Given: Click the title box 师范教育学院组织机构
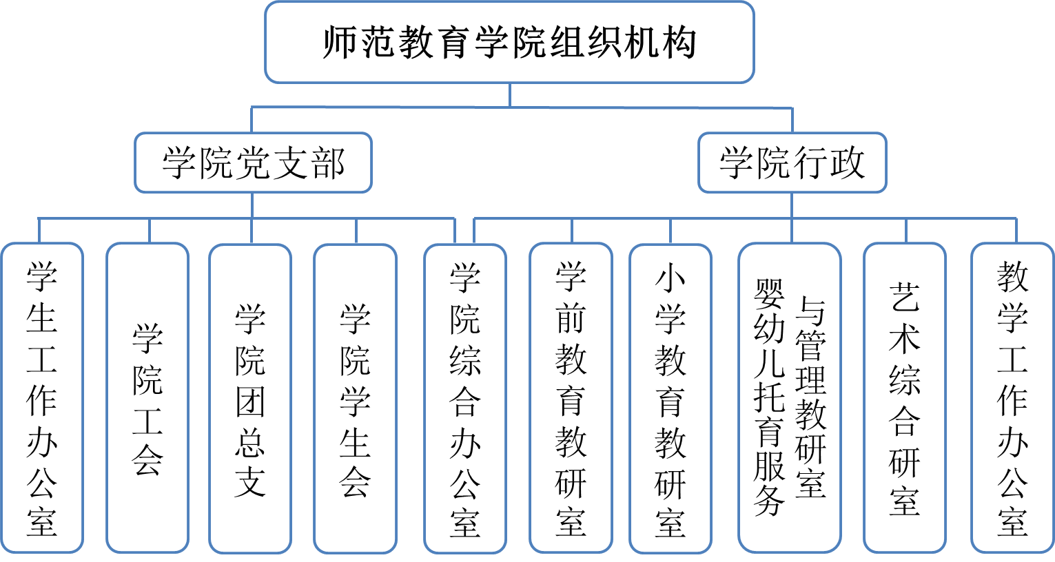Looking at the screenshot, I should point(509,43).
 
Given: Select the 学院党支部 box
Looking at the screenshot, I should point(253,163).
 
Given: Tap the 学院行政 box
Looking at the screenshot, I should point(792,163).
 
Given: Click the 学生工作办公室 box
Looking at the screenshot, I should point(42,398).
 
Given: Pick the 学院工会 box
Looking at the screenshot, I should point(147,398).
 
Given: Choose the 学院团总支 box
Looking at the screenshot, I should point(250,398).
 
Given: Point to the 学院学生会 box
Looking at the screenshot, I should point(355,398).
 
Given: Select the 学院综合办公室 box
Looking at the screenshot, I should point(465,398).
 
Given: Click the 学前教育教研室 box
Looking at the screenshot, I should point(571,398).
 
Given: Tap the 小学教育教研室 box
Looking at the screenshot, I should point(670,398).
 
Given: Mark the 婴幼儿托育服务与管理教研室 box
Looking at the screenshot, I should point(790,398).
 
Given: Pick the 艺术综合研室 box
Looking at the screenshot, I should point(904,398).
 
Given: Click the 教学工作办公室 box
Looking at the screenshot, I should point(1012,398).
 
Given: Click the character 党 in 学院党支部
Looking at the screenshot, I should point(253,164).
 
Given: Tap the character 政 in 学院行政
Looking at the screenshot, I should point(847,163).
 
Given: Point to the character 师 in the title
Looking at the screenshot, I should point(341,43).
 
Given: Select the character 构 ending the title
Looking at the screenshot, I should point(679,43).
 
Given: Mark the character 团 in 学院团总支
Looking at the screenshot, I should point(250,401).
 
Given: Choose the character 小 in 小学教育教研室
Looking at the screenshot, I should point(670,277).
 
